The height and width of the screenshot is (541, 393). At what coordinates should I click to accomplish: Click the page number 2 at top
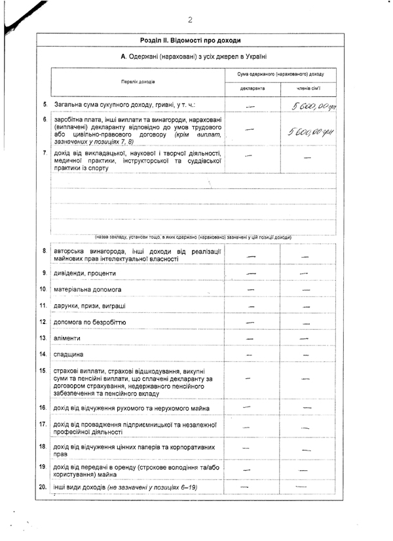[190, 20]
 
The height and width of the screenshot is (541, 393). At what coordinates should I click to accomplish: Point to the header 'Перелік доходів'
[138, 81]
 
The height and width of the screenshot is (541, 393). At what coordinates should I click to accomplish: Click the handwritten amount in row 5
[314, 105]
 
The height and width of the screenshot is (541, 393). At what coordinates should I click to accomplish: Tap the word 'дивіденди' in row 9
[71, 273]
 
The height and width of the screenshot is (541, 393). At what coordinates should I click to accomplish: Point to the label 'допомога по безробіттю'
[90, 323]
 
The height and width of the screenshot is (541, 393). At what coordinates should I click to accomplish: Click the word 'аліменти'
[68, 338]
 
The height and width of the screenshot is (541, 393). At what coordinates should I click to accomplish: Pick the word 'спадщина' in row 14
[69, 354]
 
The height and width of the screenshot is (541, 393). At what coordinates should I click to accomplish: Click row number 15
[43, 371]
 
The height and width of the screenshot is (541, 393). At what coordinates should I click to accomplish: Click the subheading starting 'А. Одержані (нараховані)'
[194, 57]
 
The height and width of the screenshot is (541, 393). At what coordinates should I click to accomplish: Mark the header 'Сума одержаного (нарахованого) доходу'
[280, 74]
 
